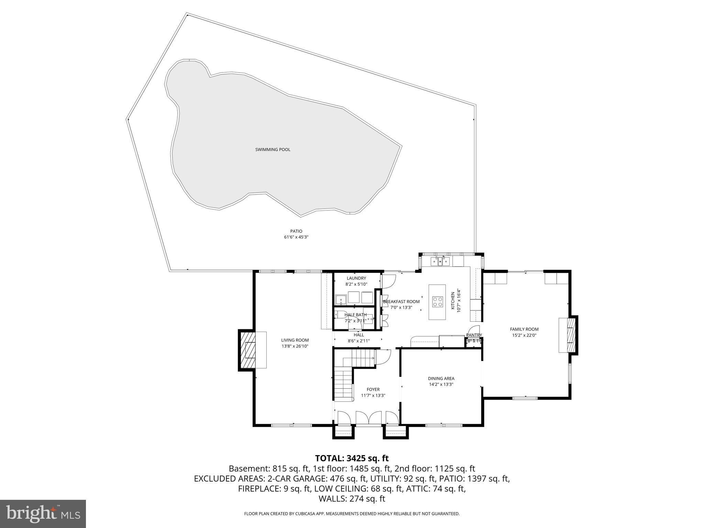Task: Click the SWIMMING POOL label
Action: [x=273, y=150]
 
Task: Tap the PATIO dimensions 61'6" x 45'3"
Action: [x=296, y=237]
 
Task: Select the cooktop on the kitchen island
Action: [x=438, y=301]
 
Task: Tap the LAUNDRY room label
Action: [x=356, y=278]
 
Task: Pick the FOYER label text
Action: [x=373, y=389]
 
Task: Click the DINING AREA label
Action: [x=441, y=378]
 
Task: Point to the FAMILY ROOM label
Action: [x=524, y=329]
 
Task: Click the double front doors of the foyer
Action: [x=368, y=418]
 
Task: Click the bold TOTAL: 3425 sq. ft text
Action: [x=352, y=458]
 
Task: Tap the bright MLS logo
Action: [x=43, y=514]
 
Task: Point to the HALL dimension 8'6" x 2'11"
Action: [x=359, y=341]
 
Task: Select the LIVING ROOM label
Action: [x=295, y=340]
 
